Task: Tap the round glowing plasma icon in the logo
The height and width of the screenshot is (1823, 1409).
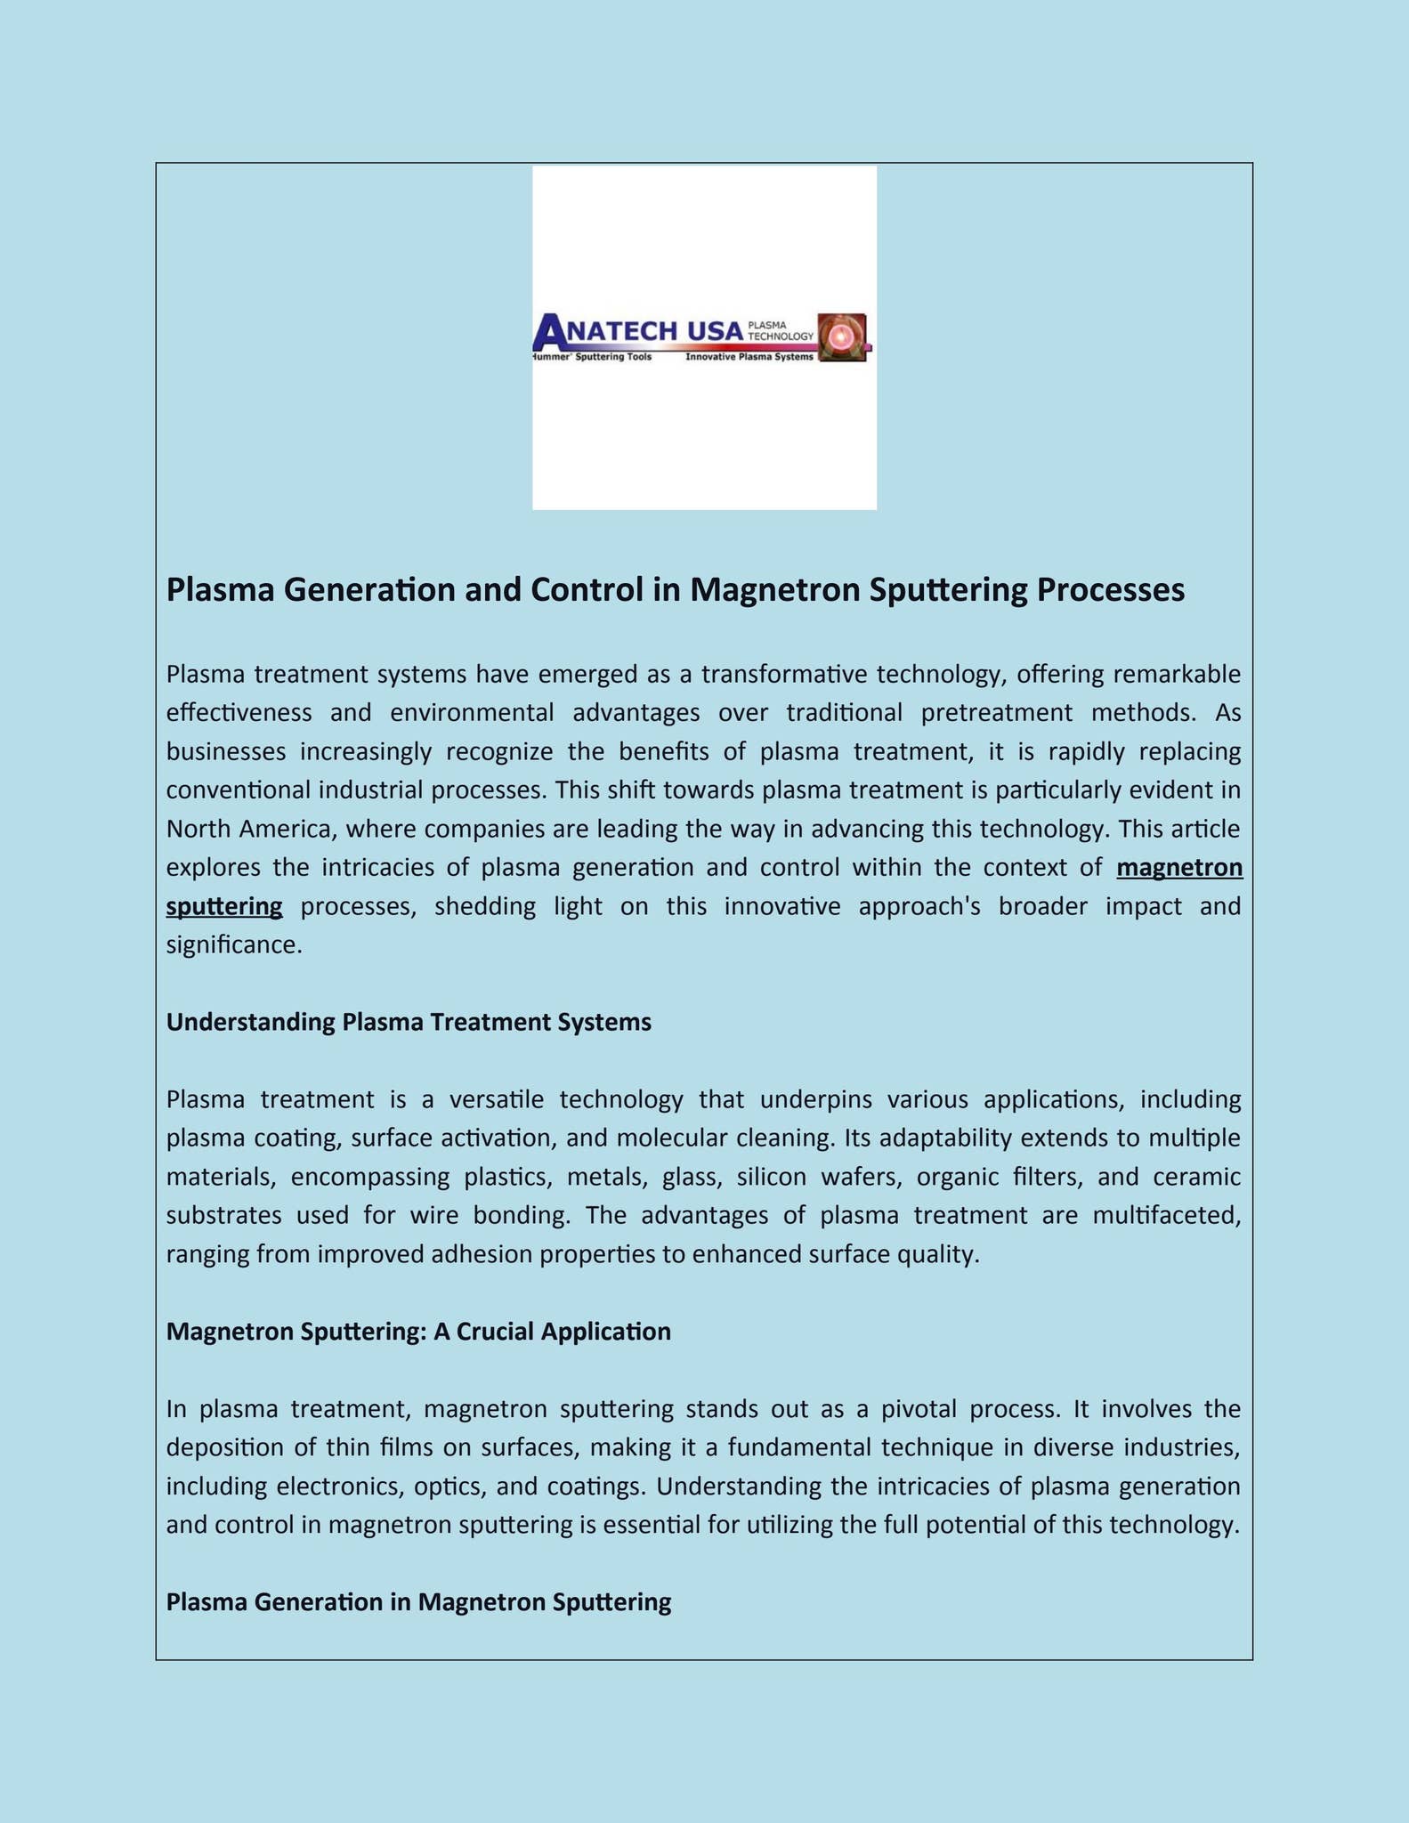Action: tap(842, 336)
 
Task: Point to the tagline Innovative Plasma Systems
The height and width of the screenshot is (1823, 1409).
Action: tap(749, 357)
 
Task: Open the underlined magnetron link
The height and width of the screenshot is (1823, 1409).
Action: tap(1179, 867)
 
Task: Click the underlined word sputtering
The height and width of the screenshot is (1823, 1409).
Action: tap(224, 906)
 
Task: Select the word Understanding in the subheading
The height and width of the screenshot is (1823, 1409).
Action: tap(250, 1022)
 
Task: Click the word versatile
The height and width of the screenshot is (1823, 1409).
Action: tap(497, 1099)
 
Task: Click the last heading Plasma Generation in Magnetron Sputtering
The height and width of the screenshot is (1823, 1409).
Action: tap(418, 1602)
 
